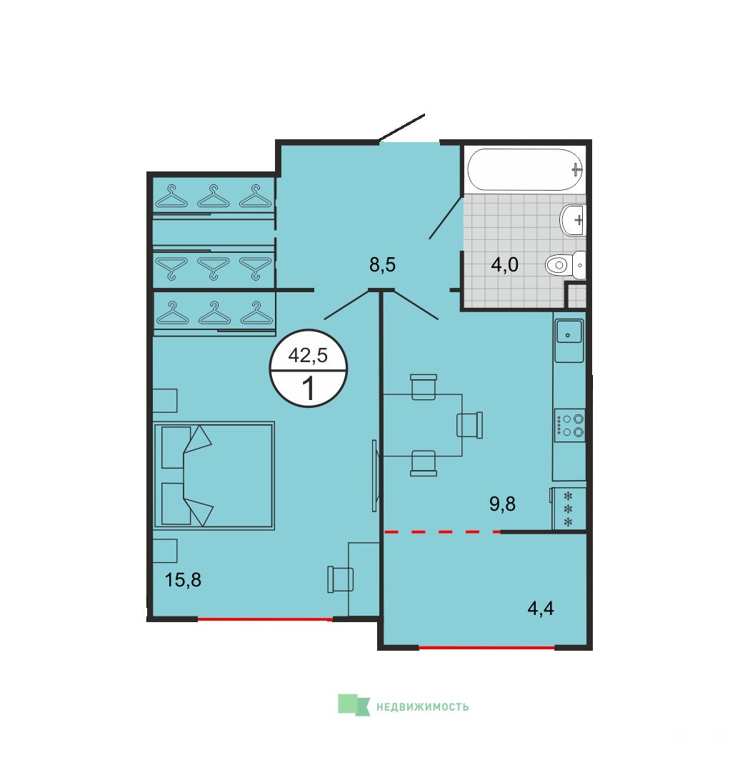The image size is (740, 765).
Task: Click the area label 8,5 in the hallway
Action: click(x=382, y=265)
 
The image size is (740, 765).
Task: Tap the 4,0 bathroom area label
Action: click(x=504, y=265)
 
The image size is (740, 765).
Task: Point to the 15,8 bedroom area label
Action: click(x=183, y=580)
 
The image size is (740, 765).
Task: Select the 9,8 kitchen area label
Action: click(x=502, y=504)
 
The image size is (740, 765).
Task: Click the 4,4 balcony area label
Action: click(x=541, y=609)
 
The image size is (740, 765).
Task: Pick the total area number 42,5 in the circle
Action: click(x=308, y=356)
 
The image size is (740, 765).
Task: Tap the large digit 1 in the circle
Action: click(x=309, y=389)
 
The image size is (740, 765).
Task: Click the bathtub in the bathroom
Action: click(x=526, y=170)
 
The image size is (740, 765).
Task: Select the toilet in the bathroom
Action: click(x=565, y=265)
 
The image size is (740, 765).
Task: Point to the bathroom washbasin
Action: click(x=573, y=220)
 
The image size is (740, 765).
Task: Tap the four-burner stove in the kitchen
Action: click(x=570, y=425)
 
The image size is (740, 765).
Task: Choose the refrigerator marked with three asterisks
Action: click(x=569, y=509)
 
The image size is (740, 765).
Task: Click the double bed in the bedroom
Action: click(x=214, y=476)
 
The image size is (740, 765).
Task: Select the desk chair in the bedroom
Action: click(x=341, y=579)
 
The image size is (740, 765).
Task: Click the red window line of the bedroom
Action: click(x=265, y=619)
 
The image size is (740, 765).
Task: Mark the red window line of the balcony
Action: click(x=486, y=648)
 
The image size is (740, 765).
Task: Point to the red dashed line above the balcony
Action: click(x=442, y=531)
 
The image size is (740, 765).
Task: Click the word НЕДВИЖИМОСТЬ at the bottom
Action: click(x=422, y=706)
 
